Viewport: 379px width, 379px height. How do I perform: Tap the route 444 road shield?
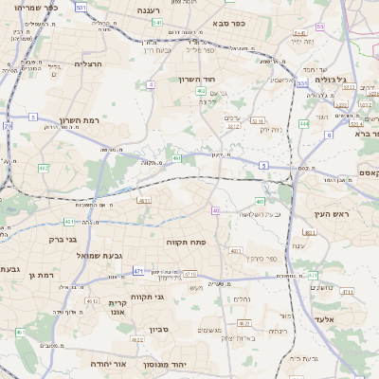point(304,123)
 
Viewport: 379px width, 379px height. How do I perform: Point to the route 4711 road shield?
point(190,273)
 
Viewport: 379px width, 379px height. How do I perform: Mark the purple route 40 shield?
point(216,210)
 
